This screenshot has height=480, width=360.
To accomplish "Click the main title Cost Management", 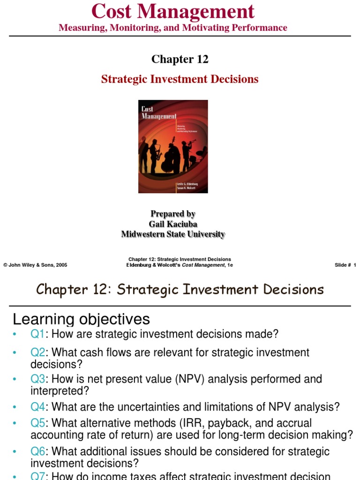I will point(173,11).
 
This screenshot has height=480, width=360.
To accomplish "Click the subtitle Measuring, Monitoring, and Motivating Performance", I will point(173,28).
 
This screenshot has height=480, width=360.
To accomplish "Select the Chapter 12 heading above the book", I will point(180,60).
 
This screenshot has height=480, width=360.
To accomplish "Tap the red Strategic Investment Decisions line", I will point(180,79).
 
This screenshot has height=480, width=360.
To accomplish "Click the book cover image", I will point(173,146).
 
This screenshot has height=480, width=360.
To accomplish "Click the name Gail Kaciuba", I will point(173,224).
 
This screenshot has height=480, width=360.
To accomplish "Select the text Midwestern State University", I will point(173,234).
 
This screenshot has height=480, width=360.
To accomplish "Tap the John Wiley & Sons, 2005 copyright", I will point(35,265).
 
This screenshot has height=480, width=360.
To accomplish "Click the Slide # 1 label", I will point(345,265).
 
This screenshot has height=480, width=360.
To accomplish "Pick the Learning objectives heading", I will point(81,319).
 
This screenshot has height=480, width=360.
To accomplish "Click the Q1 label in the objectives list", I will point(38,334).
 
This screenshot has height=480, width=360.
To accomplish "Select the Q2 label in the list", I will point(38,352).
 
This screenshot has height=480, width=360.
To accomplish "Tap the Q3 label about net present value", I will point(38,379).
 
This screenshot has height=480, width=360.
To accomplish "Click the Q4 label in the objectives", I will point(38,407).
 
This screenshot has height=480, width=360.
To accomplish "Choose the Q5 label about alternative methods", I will point(38,423).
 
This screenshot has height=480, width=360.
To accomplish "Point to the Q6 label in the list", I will point(38,452).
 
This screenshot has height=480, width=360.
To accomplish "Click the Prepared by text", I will point(173,214).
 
